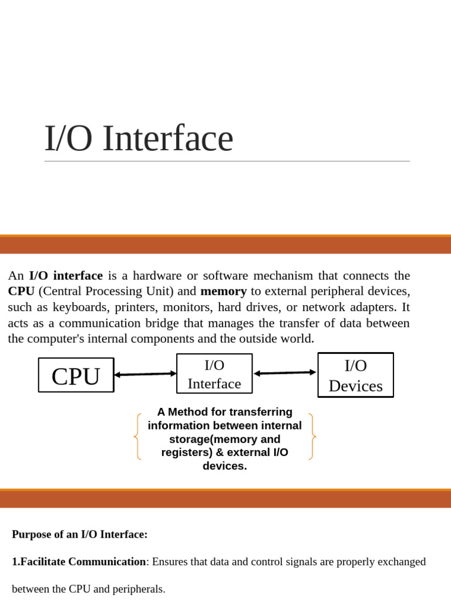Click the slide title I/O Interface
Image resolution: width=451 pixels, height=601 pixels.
[139, 138]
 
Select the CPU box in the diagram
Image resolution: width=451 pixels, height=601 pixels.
[76, 375]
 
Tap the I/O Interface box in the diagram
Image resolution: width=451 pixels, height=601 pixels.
[214, 373]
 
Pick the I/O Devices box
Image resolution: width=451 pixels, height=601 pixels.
[355, 375]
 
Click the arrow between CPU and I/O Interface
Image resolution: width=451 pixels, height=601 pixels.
[146, 374]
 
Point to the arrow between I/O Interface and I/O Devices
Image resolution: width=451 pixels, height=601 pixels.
[285, 373]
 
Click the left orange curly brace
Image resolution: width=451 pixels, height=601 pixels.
[137, 436]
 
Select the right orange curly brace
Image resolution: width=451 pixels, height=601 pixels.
[312, 436]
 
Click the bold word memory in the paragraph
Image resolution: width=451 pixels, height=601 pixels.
[224, 291]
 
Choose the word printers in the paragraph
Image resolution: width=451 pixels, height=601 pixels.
[136, 308]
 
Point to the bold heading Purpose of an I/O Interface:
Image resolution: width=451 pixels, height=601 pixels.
[80, 534]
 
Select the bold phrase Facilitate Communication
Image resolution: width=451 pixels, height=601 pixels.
[83, 562]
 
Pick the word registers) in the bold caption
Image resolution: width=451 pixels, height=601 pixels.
[187, 453]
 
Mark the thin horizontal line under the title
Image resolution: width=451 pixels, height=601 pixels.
[227, 161]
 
